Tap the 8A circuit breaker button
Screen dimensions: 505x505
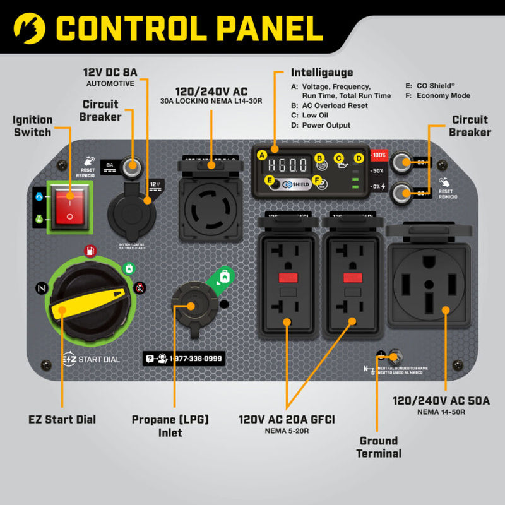click(132, 167)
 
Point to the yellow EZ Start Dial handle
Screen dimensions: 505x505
click(88, 301)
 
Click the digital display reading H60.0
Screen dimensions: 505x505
click(288, 165)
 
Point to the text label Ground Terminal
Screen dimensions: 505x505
click(378, 447)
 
